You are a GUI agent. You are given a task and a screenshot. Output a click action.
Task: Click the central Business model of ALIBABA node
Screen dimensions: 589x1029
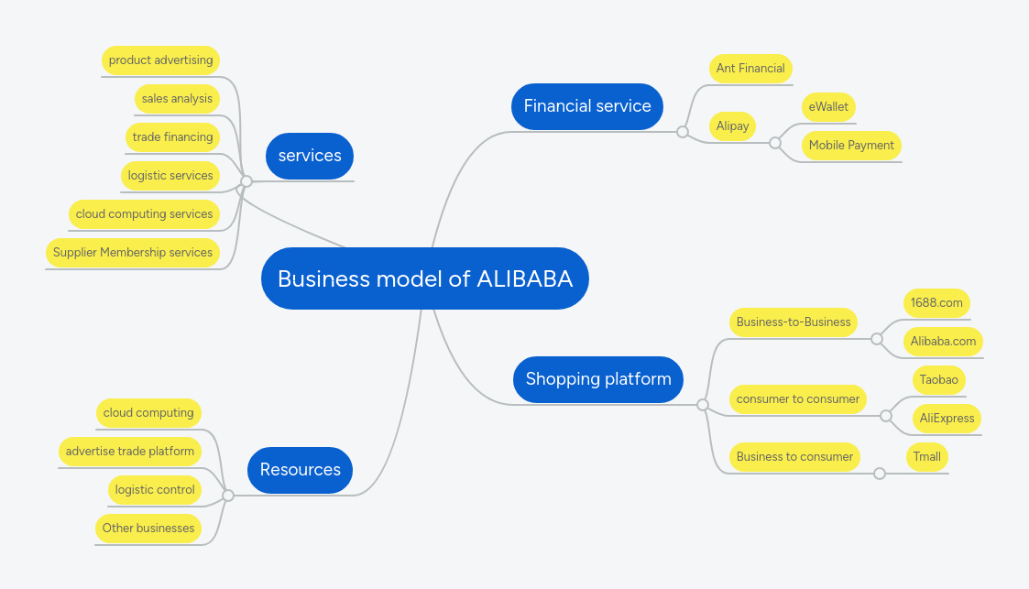coord(424,278)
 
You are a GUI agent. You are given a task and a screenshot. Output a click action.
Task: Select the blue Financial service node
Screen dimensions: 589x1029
coord(586,106)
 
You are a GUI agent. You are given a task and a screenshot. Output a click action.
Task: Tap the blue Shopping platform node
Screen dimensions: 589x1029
coord(597,379)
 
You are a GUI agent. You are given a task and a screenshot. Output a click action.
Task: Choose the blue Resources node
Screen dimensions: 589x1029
coord(300,470)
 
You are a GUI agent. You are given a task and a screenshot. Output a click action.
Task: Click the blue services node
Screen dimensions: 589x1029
coord(309,156)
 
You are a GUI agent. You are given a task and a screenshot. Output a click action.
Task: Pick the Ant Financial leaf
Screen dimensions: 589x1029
coord(750,69)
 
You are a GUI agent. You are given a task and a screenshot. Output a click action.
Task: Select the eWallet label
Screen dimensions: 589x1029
coord(827,107)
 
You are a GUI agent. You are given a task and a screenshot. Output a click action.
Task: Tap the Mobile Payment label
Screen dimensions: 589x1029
coord(850,146)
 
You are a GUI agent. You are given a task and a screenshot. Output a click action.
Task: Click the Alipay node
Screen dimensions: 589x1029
coord(732,126)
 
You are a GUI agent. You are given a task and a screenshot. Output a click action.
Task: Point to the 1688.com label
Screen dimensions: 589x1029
coord(936,303)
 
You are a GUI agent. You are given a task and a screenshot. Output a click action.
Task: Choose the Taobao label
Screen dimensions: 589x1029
coord(938,380)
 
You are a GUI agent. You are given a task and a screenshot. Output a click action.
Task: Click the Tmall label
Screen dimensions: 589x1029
coord(926,457)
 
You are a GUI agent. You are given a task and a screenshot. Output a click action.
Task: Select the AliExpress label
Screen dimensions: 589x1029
coord(947,419)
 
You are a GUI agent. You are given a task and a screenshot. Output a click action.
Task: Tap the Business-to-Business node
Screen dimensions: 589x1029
coord(793,322)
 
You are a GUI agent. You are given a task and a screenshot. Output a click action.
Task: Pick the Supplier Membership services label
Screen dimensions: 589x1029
coord(133,253)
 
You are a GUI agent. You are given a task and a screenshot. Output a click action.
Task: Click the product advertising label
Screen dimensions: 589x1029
coord(160,60)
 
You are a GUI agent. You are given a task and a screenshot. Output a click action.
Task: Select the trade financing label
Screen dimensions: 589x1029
coord(172,137)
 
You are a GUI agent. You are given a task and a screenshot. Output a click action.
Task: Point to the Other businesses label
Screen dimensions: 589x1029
coord(148,529)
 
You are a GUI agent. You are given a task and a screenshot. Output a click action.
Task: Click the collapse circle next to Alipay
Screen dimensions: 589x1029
coord(775,143)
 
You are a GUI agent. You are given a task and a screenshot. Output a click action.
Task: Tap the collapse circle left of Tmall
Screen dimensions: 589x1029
coord(880,474)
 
